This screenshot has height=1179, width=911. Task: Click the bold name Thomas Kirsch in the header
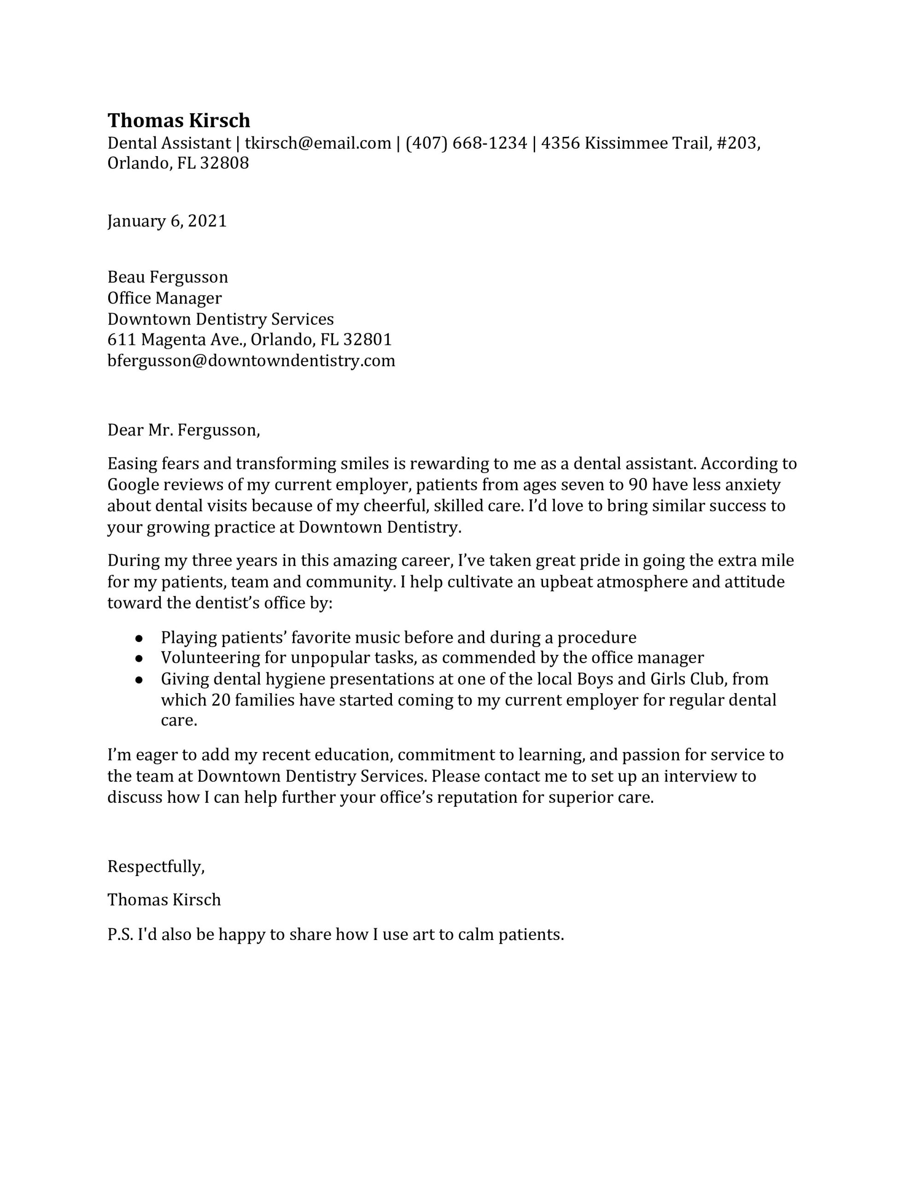coord(179,120)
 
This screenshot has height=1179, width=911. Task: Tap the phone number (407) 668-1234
coord(466,143)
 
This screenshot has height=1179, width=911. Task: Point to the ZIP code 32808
coord(225,163)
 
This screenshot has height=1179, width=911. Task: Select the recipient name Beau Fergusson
coord(167,277)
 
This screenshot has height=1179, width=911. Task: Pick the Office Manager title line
coord(164,298)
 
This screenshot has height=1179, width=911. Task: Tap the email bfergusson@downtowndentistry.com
coord(251,361)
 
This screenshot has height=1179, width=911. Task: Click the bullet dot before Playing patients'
coord(139,638)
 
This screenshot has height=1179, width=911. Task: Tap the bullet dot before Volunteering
coord(139,659)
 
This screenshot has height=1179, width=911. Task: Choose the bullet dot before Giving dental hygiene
coord(139,680)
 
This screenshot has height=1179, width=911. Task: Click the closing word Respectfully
coord(156,866)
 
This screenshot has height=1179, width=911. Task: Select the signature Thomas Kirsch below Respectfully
coord(164,900)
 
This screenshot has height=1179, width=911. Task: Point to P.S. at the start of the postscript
coord(120,934)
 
